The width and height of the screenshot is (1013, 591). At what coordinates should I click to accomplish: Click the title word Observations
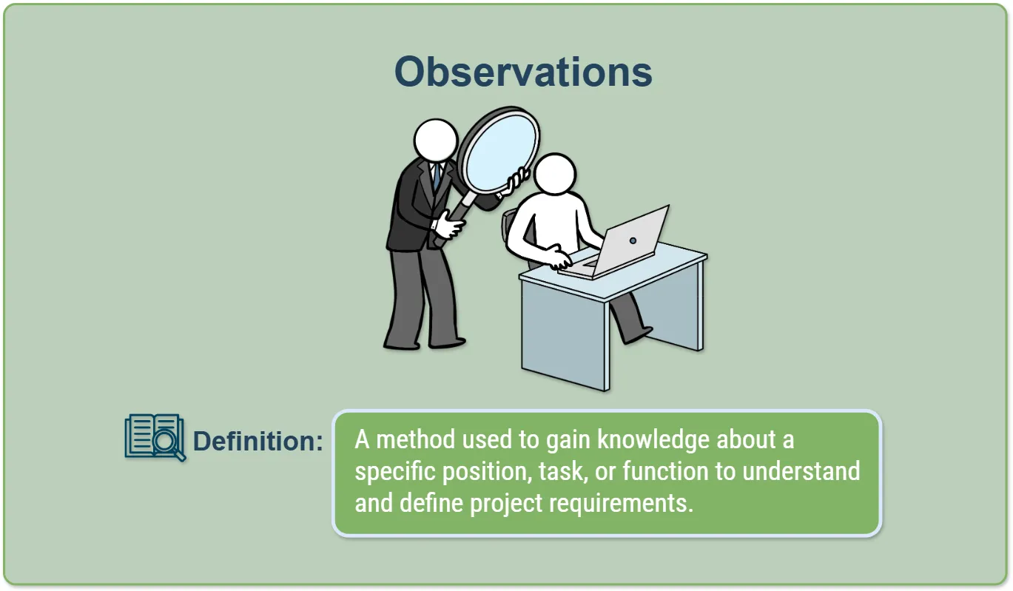523,72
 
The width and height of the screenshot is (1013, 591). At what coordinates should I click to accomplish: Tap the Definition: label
258,441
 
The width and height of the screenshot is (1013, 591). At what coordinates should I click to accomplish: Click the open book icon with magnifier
155,437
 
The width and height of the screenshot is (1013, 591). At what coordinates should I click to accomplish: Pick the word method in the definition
416,439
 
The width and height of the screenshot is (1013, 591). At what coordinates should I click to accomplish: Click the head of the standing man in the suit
436,140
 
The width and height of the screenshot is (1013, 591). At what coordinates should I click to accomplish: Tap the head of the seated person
554,174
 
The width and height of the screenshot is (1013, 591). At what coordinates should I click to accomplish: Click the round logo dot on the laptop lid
633,240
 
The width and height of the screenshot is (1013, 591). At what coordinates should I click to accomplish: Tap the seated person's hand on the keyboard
560,259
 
